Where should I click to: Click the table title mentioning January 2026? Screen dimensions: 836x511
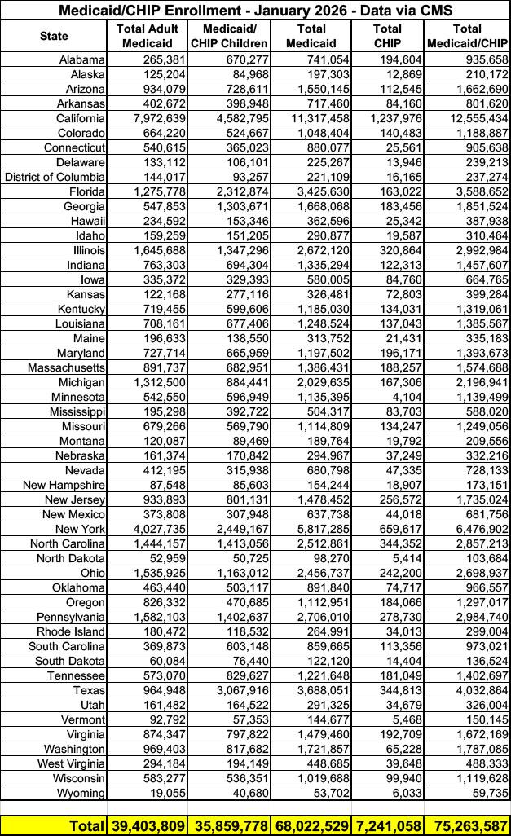pyautogui.click(x=255, y=10)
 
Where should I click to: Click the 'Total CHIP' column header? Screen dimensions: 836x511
pyautogui.click(x=387, y=36)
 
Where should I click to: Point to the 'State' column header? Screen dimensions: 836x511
pyautogui.click(x=54, y=36)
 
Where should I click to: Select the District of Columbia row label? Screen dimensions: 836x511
pyautogui.click(x=55, y=177)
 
